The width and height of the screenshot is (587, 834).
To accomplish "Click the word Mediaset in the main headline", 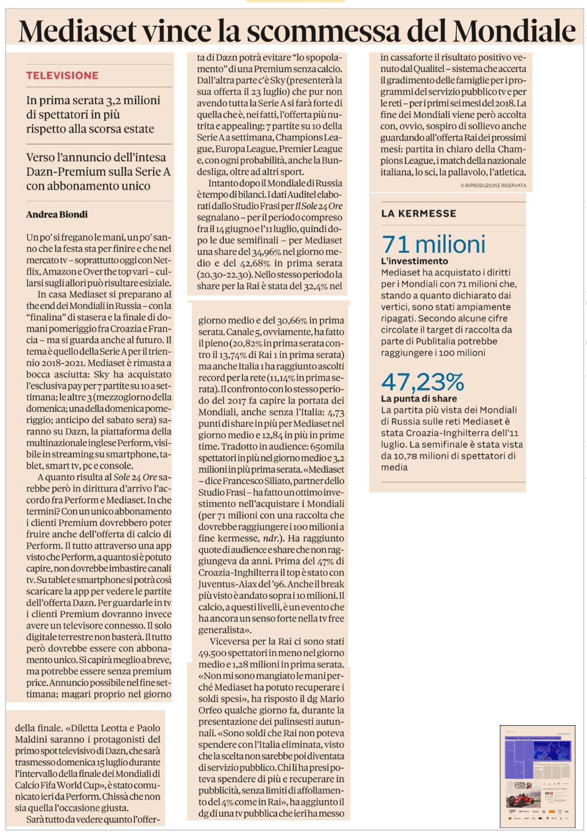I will point(78,31).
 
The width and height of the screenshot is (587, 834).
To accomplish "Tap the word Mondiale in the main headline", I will point(514,31).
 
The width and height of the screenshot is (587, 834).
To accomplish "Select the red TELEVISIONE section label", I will point(62,75).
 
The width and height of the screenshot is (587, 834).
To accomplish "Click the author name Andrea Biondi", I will point(57,214).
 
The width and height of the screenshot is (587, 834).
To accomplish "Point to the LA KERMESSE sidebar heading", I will point(418,214).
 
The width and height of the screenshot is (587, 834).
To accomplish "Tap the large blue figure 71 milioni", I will point(433,245).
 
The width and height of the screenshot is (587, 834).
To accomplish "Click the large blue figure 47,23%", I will point(423,382).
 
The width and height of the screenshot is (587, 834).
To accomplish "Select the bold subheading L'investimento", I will point(414,261).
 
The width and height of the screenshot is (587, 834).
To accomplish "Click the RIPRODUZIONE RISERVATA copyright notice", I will point(493,186).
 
